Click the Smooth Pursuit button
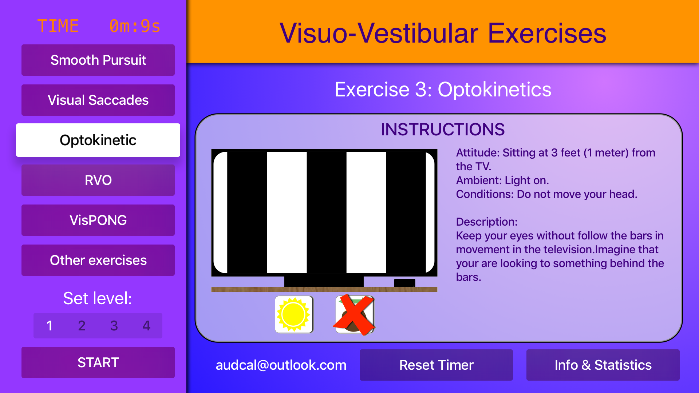98,60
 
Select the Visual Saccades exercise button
98,100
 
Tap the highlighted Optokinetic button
98,140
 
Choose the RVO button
98,180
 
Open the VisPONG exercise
98,220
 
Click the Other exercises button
98,260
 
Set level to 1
50,326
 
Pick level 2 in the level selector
82,326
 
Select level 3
114,326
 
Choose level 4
146,326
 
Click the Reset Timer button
436,365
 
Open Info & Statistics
603,365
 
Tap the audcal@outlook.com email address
281,365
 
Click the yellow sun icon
294,314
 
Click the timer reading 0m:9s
135,26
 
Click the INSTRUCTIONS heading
443,129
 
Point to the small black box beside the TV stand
404,283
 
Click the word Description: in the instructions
487,222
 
